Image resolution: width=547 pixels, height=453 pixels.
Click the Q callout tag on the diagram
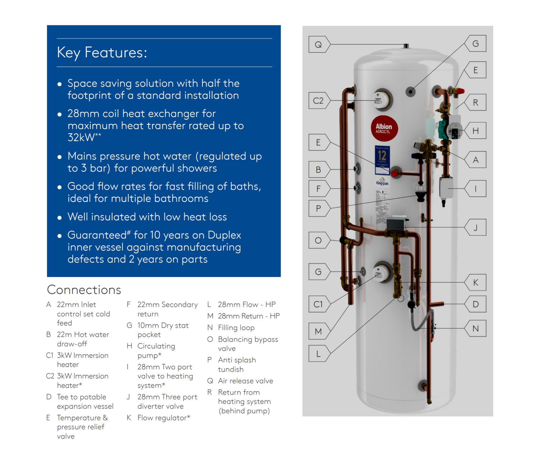318,45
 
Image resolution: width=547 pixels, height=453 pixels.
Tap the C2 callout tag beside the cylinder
318,101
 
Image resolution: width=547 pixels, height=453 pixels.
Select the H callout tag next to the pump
475,131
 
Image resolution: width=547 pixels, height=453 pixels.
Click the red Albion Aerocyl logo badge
384,128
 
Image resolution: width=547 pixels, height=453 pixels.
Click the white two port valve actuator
446,187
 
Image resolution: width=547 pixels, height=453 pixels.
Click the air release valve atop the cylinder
406,46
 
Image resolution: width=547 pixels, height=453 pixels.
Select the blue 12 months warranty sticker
382,157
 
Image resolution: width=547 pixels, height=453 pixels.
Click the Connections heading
84,290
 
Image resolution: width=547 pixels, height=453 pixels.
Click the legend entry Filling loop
236,328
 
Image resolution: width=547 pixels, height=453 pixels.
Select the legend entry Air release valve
245,381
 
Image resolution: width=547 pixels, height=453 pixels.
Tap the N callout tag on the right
475,329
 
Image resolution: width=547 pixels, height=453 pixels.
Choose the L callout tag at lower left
318,354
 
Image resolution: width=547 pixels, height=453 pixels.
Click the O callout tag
318,240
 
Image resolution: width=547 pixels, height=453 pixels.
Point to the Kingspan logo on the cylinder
382,182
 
